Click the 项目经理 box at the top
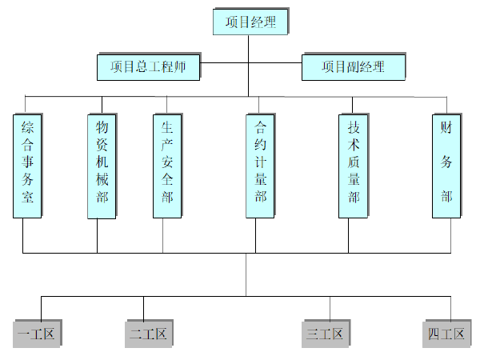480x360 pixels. pos(250,22)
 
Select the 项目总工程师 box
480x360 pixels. pos(149,67)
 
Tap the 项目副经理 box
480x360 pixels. pos(353,67)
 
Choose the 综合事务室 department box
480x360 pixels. pos(27,166)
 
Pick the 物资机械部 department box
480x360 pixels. pos(102,166)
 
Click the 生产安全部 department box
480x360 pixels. pos(167,166)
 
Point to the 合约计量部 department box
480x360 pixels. pos(261,166)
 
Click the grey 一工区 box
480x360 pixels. pos(38,334)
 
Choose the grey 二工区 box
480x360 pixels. pos(149,334)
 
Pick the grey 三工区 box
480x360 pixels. pos(326,334)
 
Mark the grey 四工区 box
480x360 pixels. pos(446,334)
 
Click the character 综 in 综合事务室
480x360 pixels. pos(27,128)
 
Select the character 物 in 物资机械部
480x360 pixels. pos(102,128)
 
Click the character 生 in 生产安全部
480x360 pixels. pos(167,128)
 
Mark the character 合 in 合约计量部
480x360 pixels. pos(261,128)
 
